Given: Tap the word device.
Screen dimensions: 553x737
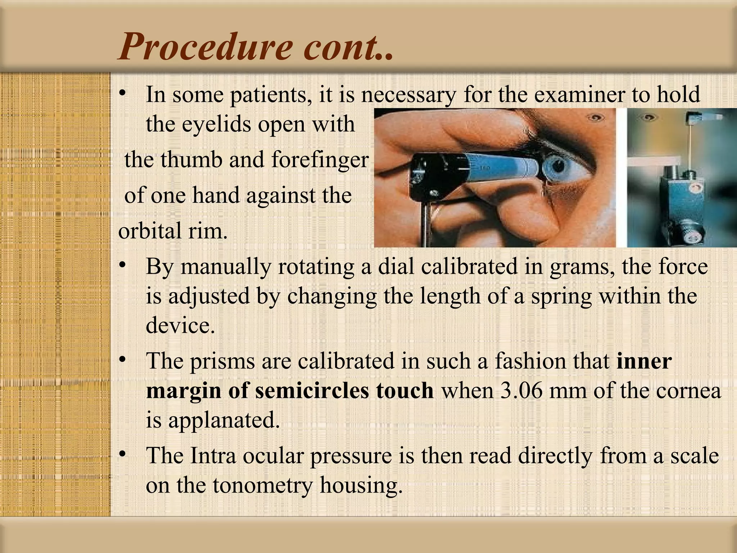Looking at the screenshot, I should click(180, 325).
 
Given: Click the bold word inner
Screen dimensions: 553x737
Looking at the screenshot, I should click(644, 361).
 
